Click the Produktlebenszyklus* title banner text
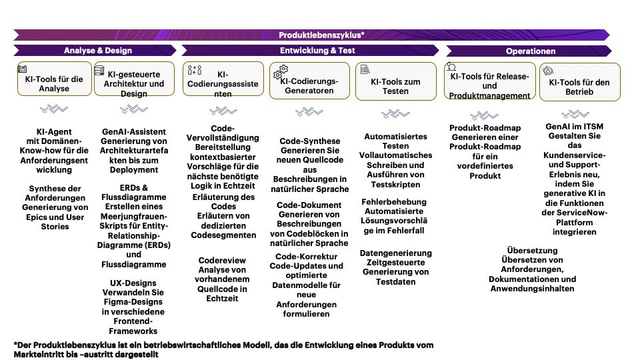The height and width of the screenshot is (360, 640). (321, 35)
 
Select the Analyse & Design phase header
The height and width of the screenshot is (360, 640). (98, 51)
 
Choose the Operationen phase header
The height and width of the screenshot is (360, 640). (531, 51)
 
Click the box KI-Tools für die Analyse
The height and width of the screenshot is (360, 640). (54, 83)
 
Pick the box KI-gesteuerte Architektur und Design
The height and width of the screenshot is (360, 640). (133, 83)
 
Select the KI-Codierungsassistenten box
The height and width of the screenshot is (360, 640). (223, 84)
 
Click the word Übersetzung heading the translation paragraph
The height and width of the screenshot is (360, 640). (532, 251)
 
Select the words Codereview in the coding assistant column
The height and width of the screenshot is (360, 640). (222, 261)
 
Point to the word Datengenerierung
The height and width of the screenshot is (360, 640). (395, 253)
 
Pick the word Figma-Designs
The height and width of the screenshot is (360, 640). (133, 302)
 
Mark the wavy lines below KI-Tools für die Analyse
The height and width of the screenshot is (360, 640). (54, 109)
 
